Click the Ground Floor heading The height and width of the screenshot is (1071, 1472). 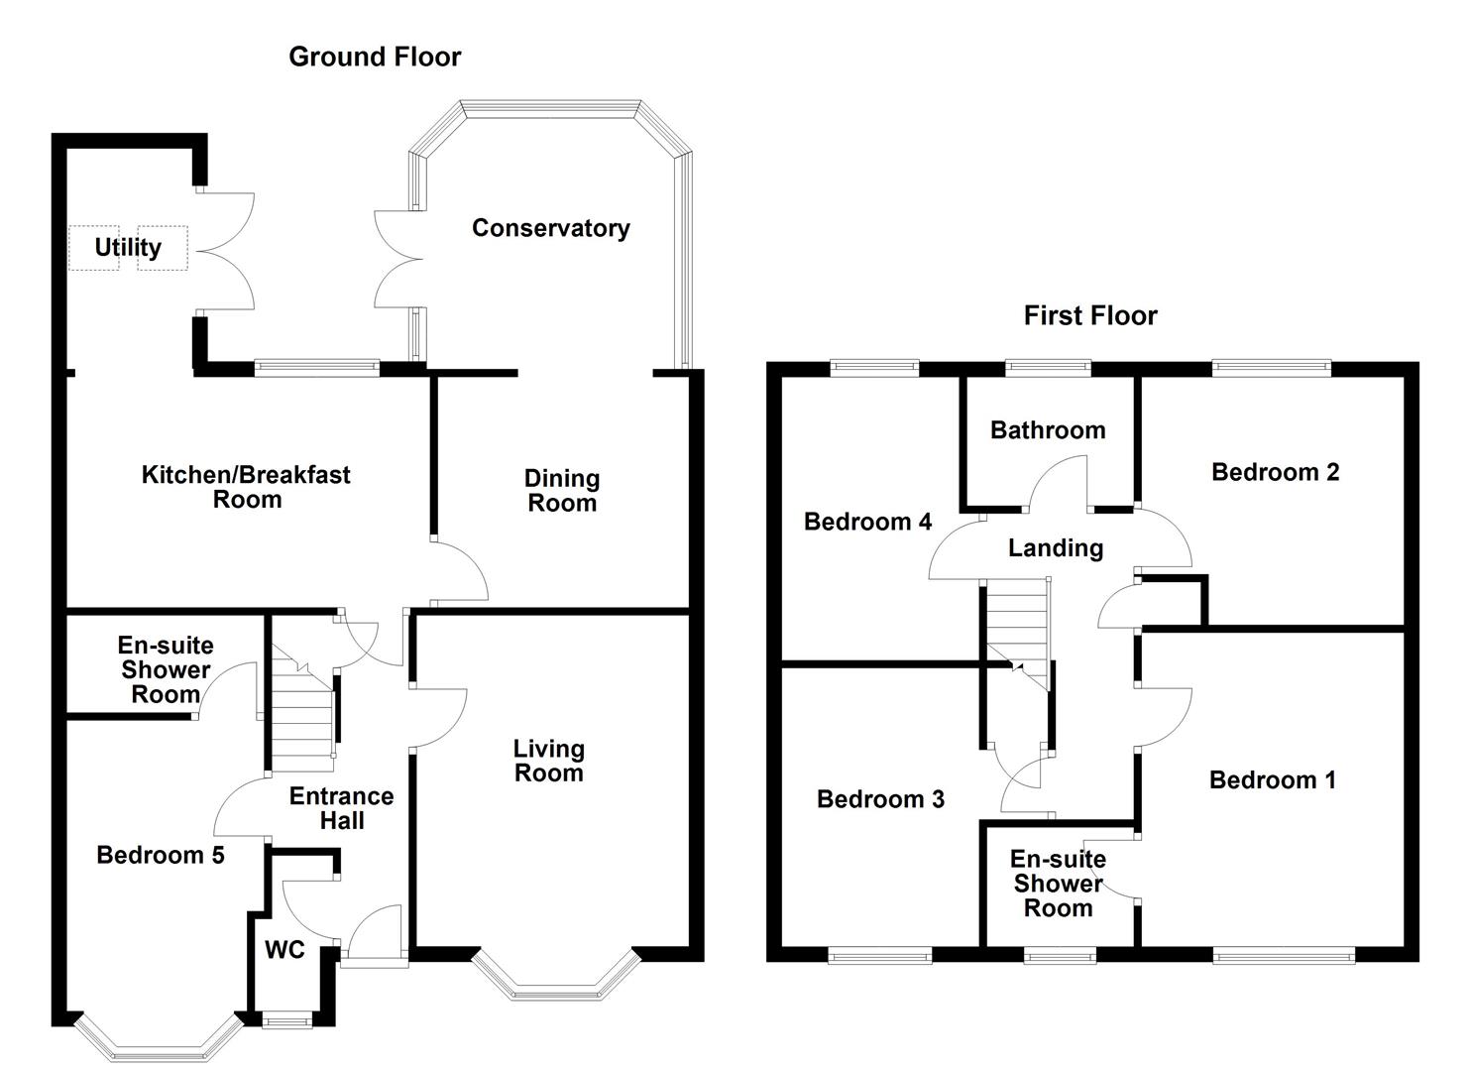375,58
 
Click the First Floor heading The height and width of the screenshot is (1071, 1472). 1090,316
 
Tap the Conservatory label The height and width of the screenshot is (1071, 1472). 550,228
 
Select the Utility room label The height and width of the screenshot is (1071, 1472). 127,247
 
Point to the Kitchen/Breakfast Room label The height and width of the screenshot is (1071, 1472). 246,487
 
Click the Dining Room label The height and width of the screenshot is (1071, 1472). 561,491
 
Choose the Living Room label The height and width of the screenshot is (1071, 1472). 548,762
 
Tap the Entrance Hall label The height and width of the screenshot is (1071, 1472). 341,808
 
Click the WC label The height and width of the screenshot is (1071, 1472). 284,950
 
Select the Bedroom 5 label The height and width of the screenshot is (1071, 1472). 161,855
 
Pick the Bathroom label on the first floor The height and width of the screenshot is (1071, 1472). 1048,430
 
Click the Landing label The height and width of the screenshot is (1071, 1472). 1056,548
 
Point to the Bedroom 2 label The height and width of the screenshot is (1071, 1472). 1275,472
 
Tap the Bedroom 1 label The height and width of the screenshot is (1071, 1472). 1272,780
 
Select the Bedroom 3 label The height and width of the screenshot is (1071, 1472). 880,799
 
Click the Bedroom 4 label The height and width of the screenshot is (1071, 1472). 867,522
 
